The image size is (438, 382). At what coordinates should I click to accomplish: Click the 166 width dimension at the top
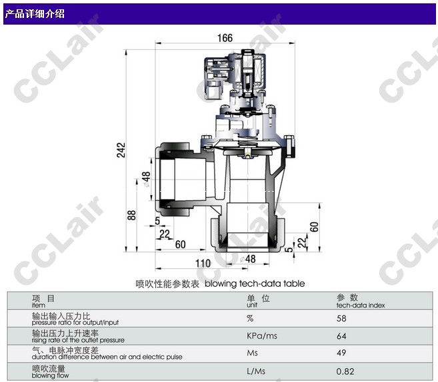(225, 38)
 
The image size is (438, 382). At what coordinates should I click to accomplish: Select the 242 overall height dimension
(121, 150)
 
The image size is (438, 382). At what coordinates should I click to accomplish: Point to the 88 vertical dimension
(131, 215)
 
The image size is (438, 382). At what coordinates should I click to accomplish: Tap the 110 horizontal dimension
(203, 264)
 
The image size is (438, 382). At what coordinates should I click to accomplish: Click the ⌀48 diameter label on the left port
(146, 179)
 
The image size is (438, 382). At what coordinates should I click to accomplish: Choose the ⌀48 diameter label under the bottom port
(247, 259)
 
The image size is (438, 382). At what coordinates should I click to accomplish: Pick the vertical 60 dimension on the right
(314, 227)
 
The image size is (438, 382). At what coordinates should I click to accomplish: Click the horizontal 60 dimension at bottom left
(180, 244)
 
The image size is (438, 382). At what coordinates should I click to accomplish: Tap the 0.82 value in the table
(345, 371)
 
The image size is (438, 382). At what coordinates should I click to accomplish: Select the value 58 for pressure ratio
(341, 318)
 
